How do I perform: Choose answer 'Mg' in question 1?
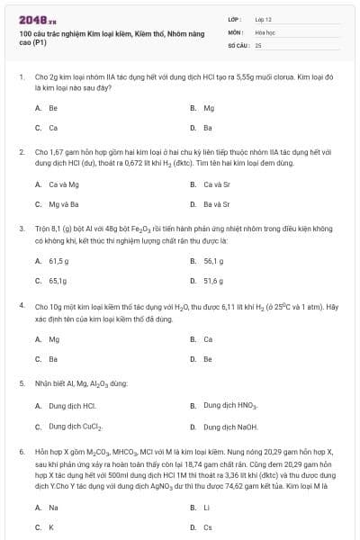point(209,107)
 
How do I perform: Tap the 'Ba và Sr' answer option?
point(217,204)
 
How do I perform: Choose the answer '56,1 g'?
point(213,261)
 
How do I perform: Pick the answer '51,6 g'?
point(213,281)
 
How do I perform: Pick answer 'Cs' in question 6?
point(208,527)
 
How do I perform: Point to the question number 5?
point(21,382)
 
